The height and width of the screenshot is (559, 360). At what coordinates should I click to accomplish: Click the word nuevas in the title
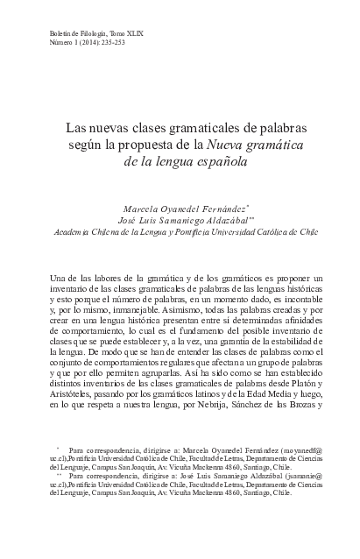pos(109,127)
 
